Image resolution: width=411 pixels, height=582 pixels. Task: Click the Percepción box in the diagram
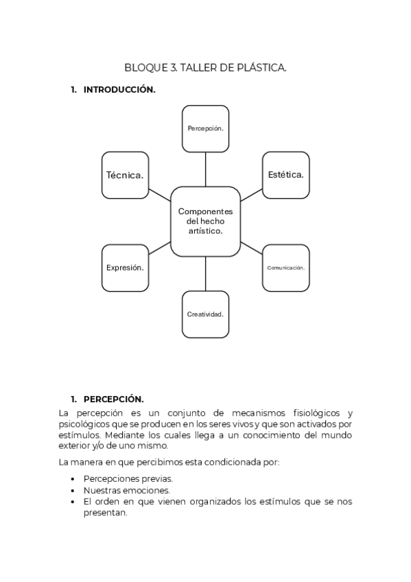click(x=205, y=128)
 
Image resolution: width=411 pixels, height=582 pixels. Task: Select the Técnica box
click(x=125, y=175)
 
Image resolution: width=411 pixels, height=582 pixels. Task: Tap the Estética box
click(x=285, y=175)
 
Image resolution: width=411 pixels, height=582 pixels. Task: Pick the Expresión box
click(x=125, y=268)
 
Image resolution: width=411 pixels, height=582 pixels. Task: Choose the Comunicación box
click(x=285, y=268)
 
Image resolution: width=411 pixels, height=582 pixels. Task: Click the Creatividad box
click(x=205, y=314)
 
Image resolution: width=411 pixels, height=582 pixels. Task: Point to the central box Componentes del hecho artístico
click(x=205, y=221)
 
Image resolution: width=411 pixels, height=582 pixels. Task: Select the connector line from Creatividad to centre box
click(x=205, y=273)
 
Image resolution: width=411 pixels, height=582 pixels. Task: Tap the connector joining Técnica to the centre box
click(x=159, y=193)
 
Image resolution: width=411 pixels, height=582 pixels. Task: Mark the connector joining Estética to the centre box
click(x=251, y=193)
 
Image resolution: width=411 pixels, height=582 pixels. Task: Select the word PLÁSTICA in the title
click(x=261, y=67)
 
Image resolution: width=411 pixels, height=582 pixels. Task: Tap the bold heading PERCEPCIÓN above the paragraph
click(x=113, y=399)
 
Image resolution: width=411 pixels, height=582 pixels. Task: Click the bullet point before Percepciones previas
click(x=73, y=479)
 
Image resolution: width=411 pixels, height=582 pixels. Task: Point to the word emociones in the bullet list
click(x=147, y=491)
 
